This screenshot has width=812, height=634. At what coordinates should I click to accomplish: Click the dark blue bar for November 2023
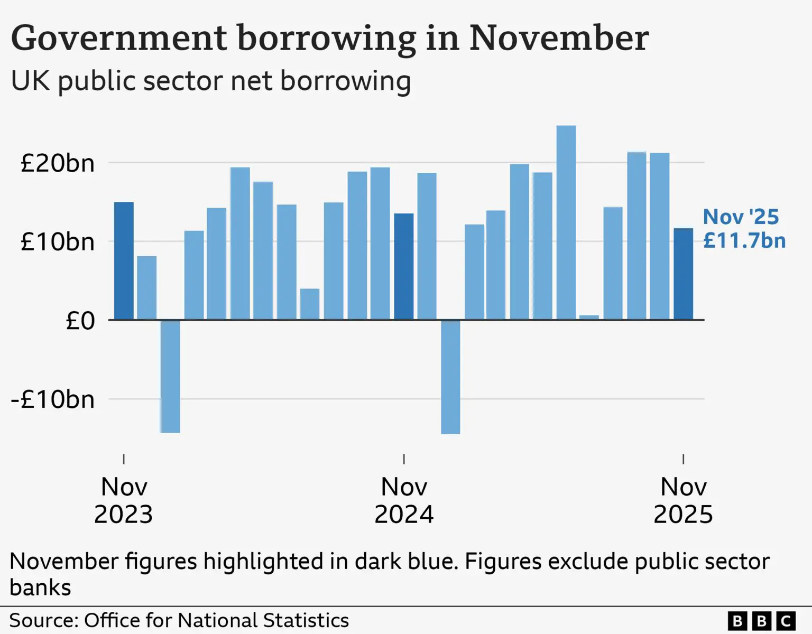pos(124,261)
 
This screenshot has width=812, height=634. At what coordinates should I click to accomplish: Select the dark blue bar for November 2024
pos(404,267)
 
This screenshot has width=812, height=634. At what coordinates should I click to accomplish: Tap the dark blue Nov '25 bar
pos(683,274)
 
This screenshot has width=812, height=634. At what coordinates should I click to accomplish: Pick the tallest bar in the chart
pos(566,222)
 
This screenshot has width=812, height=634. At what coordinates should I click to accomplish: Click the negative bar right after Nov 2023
pos(170,376)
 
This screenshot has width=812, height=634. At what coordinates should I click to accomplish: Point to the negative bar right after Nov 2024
pos(450,377)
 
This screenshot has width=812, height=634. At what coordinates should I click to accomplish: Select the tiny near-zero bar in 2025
pos(589,318)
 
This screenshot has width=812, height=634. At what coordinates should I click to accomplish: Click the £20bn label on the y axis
pos(58,163)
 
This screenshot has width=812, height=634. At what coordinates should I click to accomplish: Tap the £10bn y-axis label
pos(58,242)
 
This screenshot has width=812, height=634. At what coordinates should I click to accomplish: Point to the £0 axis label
pos(80,321)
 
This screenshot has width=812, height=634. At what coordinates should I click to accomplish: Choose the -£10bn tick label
pos(53,399)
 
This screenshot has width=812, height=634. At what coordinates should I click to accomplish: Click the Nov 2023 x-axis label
pos(124,500)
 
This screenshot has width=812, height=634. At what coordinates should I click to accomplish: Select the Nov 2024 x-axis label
pos(404,500)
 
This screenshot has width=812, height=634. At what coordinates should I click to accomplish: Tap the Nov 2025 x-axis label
pos(683,500)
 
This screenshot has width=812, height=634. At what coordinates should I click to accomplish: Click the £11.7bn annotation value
pos(744,240)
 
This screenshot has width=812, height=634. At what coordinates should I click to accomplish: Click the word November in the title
pos(559,38)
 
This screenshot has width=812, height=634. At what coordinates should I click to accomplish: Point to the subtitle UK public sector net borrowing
pos(211,81)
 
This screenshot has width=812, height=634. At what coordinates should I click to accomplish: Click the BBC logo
pos(761,621)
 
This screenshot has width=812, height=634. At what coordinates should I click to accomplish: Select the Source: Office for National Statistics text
pos(179,620)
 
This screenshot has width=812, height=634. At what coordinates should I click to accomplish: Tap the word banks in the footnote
pos(40,588)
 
